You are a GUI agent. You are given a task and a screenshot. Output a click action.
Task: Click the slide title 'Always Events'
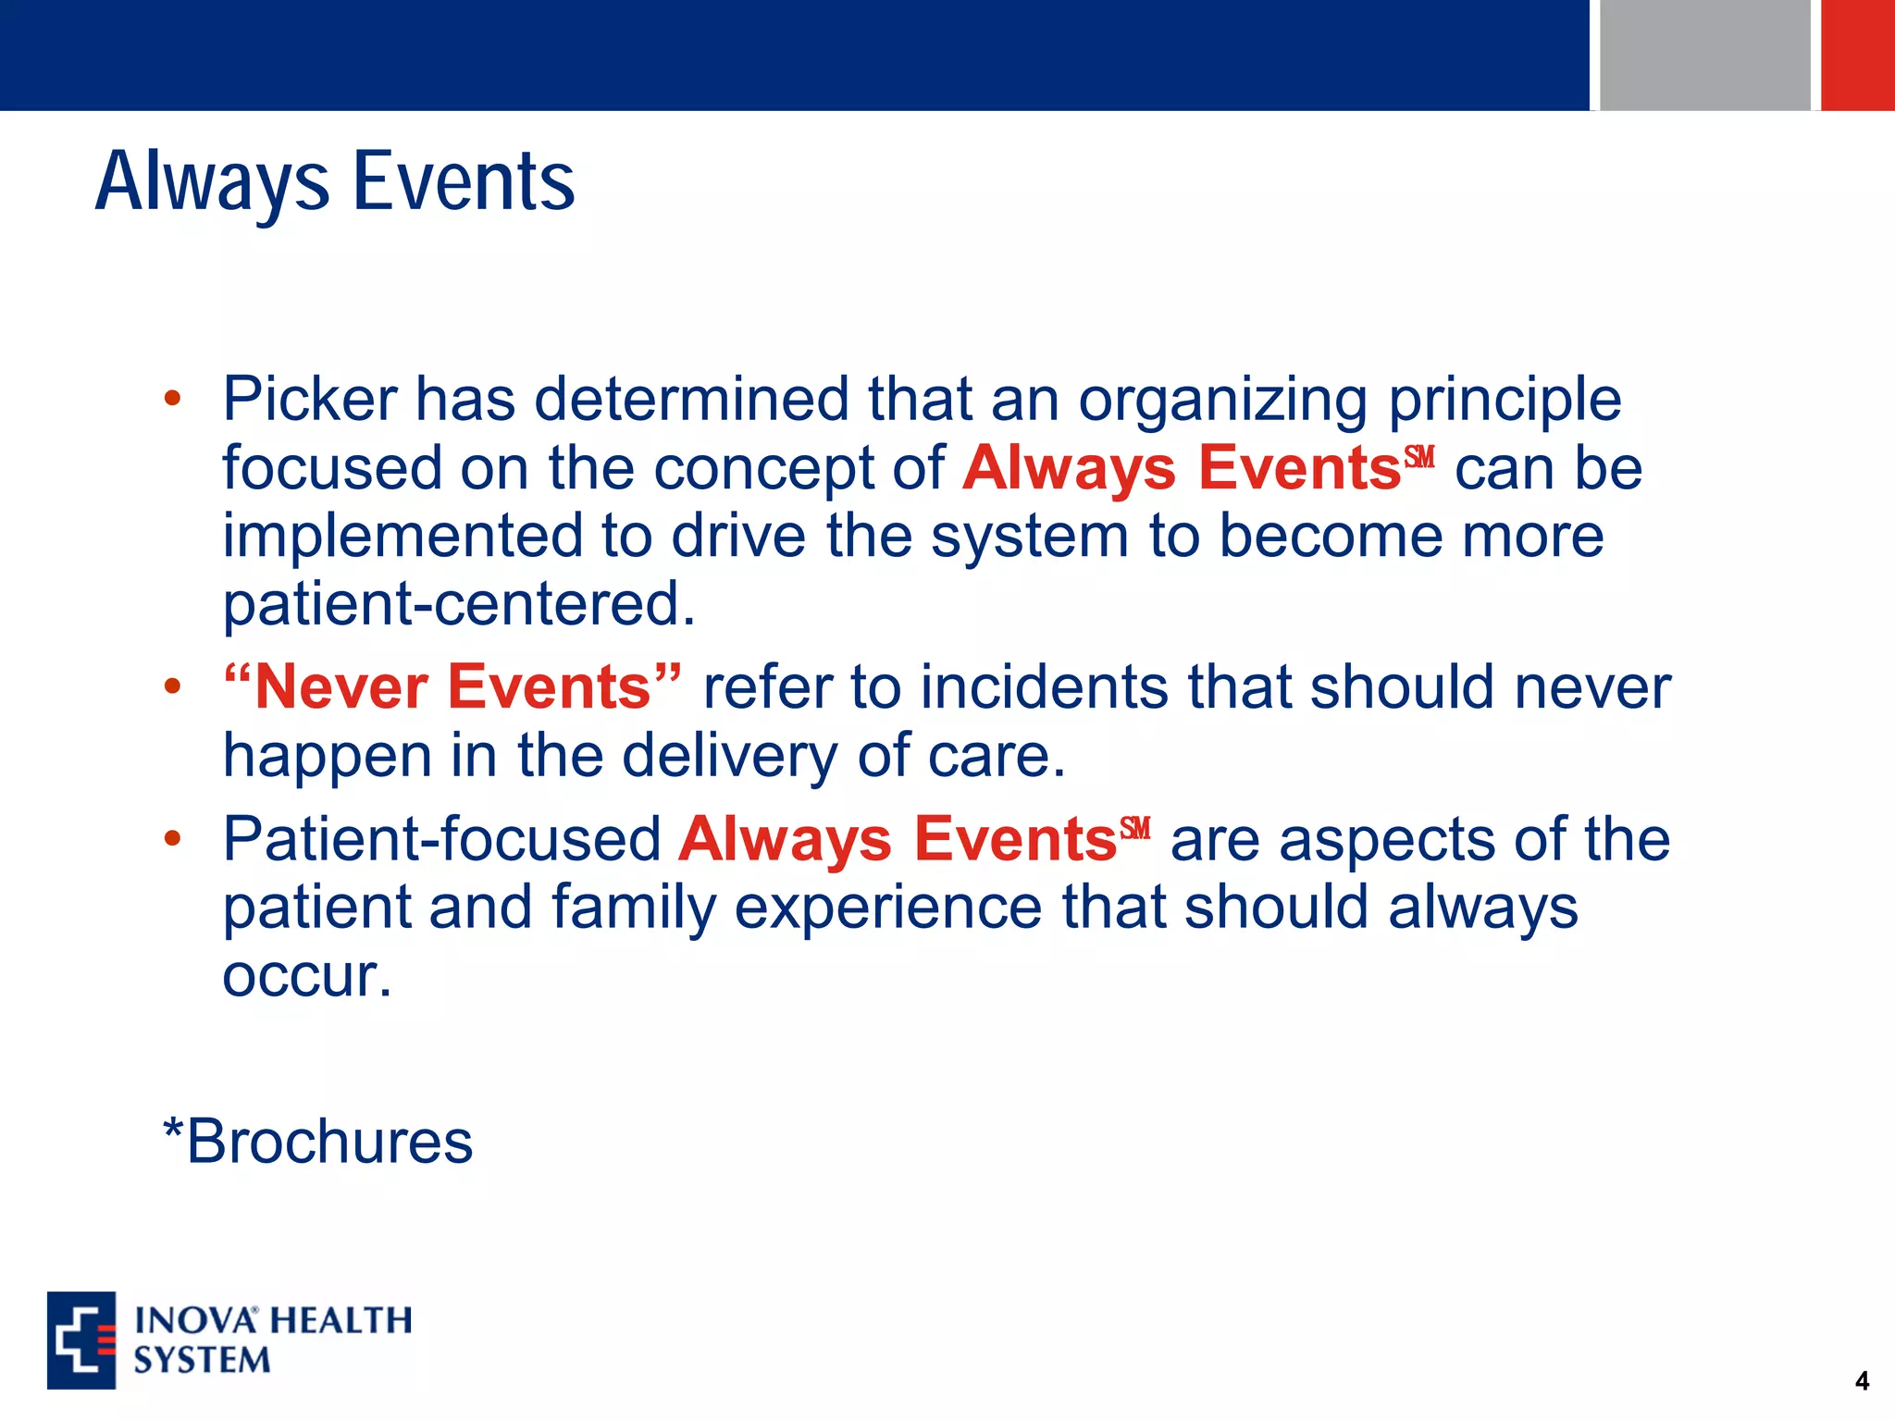[335, 182]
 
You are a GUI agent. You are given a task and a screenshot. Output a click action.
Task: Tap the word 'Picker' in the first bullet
[309, 400]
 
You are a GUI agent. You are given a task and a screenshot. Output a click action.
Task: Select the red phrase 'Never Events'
[452, 687]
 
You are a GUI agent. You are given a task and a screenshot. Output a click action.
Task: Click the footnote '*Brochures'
[317, 1142]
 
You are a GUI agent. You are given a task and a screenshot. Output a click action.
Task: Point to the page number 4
[1862, 1381]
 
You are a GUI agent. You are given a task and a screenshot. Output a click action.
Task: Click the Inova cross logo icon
[81, 1341]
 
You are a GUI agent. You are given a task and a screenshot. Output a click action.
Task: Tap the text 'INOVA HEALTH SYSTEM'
[272, 1341]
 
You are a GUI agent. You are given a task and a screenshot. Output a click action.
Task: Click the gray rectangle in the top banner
[1704, 55]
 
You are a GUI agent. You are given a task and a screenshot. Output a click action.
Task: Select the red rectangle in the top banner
[1857, 55]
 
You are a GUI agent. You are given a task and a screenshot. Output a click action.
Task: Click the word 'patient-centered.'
[459, 604]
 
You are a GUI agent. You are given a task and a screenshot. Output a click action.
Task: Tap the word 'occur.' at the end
[307, 975]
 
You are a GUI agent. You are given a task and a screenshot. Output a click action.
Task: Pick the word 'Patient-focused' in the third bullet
[441, 839]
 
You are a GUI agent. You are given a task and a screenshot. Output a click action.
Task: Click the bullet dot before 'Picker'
[172, 400]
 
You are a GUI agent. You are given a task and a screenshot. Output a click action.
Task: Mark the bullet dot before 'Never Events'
[172, 687]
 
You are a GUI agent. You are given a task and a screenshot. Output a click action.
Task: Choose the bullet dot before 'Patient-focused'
[172, 839]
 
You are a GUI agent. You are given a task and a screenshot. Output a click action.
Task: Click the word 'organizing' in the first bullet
[1222, 402]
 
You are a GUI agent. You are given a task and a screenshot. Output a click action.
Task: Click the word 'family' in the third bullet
[634, 908]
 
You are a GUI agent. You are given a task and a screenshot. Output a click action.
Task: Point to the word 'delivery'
[729, 757]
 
